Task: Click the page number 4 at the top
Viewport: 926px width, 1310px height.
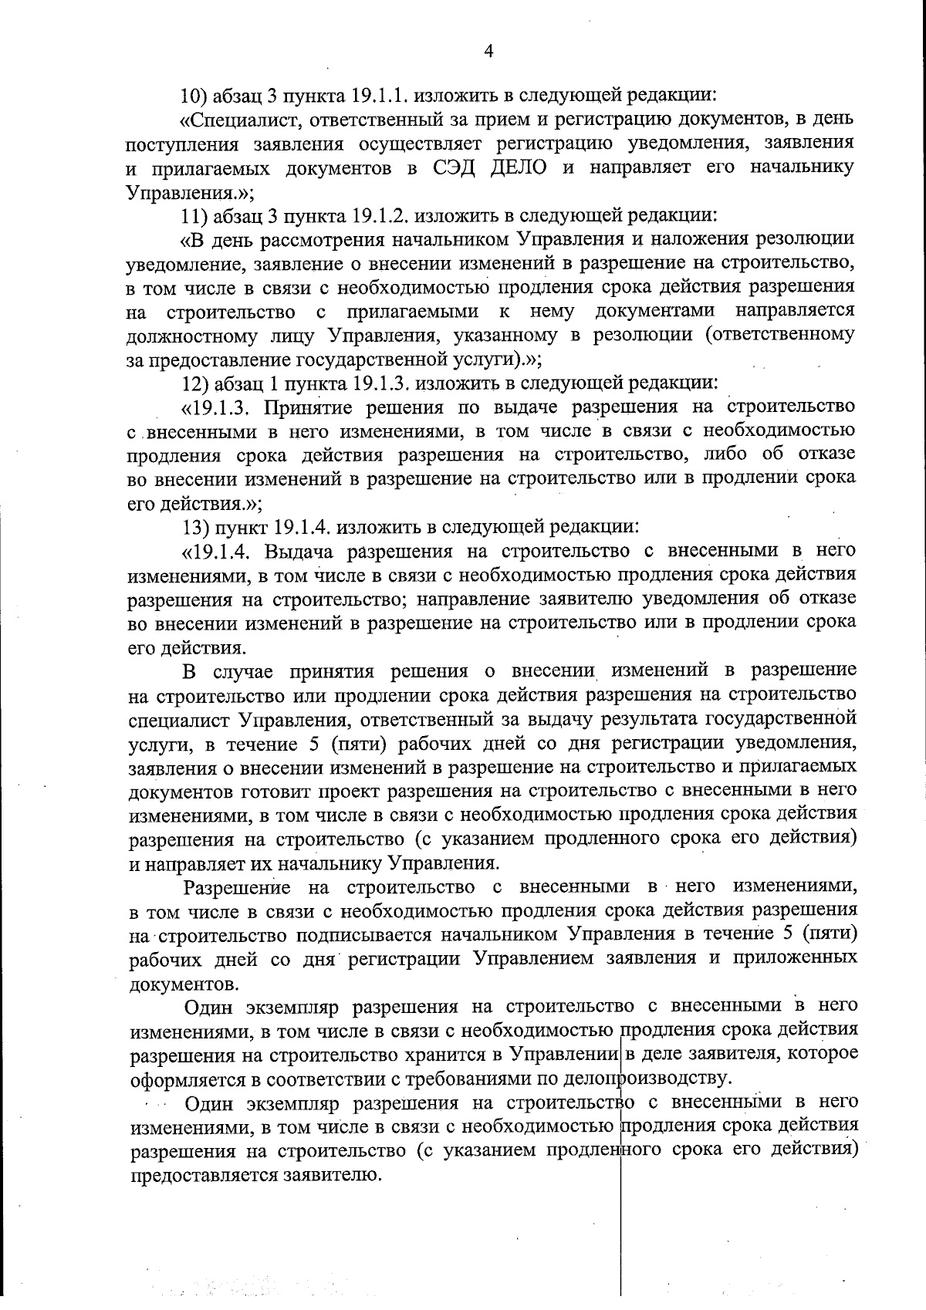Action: pos(487,51)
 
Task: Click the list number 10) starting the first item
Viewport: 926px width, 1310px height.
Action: pos(194,96)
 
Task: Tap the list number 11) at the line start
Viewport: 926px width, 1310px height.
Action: pos(193,214)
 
